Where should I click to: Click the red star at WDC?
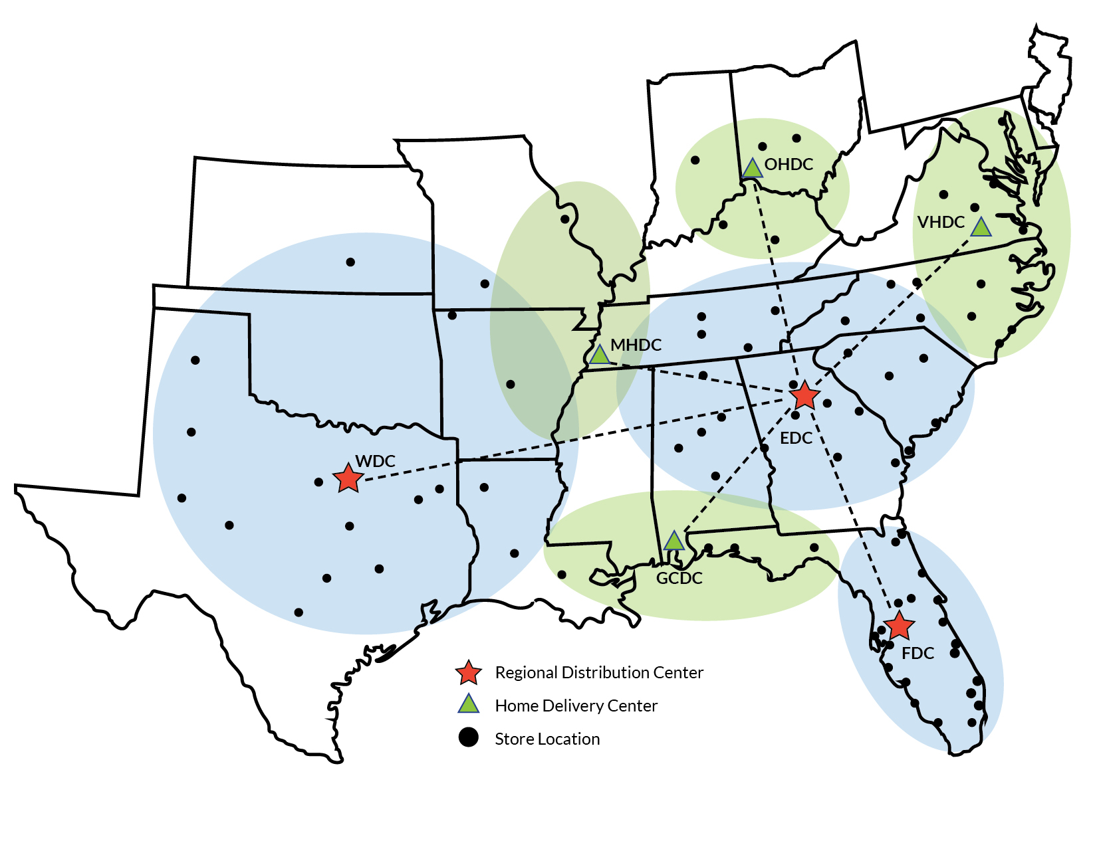348,478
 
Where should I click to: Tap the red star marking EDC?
804,396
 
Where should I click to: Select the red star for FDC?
900,626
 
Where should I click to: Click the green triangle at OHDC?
752,169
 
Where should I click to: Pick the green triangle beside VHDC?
981,228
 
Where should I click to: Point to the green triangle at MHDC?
600,355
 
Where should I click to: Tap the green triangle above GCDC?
674,541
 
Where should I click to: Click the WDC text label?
375,461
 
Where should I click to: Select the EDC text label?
796,438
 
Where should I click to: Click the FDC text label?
917,654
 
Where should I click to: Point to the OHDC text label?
789,165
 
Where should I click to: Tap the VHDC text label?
941,223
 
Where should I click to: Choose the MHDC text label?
636,345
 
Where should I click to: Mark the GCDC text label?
679,579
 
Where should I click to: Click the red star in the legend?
468,673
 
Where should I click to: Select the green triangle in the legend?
469,704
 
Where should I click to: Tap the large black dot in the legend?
469,737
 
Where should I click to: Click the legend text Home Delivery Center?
576,706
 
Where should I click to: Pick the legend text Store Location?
547,739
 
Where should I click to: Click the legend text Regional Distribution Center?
598,673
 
